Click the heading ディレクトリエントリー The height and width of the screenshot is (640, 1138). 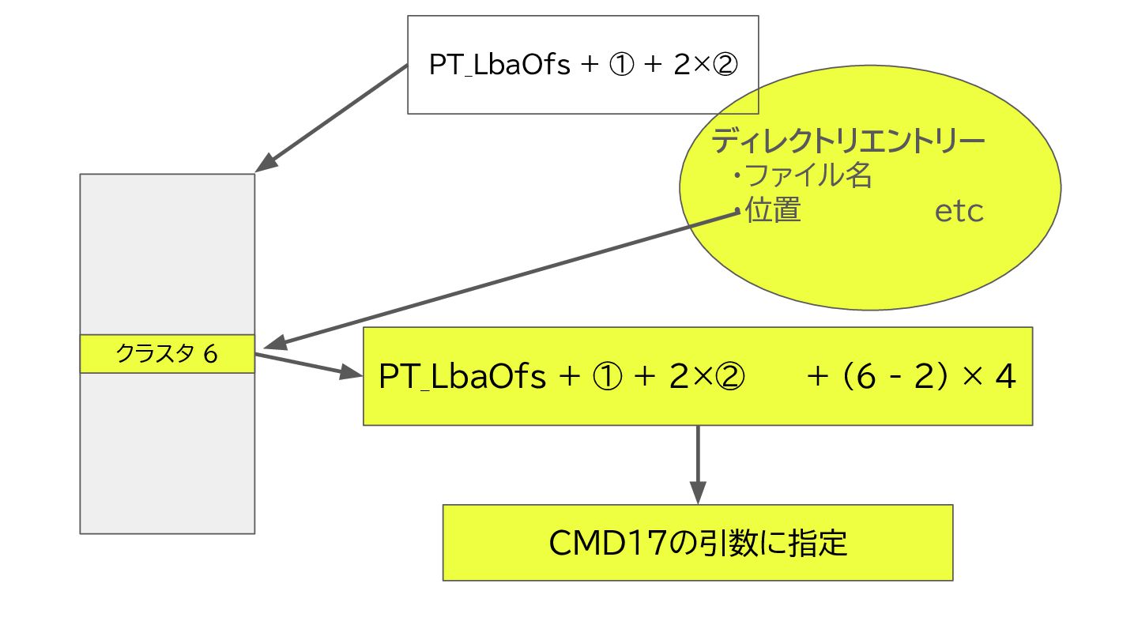(x=848, y=141)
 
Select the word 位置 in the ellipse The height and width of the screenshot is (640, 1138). (x=773, y=211)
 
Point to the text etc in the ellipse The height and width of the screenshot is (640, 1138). (x=959, y=212)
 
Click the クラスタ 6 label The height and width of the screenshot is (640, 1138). (x=167, y=354)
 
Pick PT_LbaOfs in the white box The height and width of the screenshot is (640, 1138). (x=499, y=65)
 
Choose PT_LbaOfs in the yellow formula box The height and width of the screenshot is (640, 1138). (x=462, y=377)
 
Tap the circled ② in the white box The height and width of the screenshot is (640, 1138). (x=724, y=65)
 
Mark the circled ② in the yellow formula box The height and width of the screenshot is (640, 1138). (x=729, y=377)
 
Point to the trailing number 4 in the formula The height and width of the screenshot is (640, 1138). (x=1004, y=377)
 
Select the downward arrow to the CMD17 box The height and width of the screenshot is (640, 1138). (x=697, y=466)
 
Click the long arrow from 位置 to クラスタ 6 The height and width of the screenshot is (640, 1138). (x=506, y=280)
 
